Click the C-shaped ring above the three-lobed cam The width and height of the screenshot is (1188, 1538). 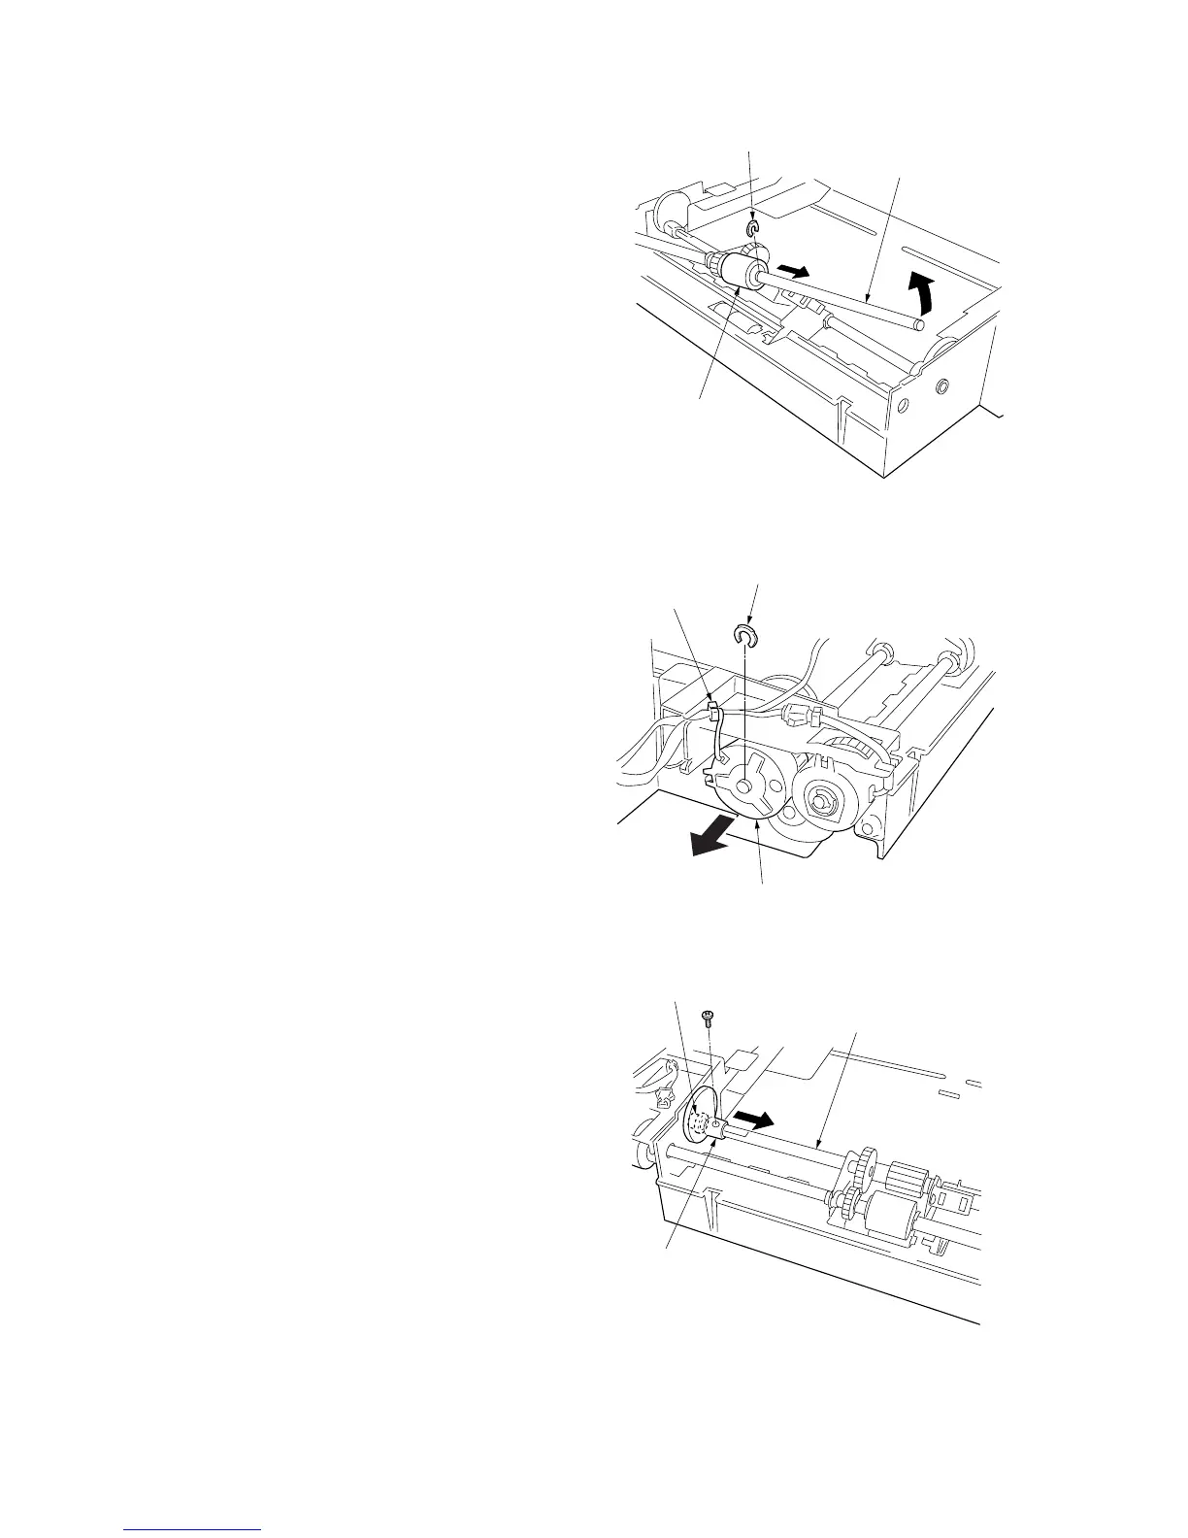click(744, 635)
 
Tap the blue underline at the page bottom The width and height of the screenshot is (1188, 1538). click(193, 1528)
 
